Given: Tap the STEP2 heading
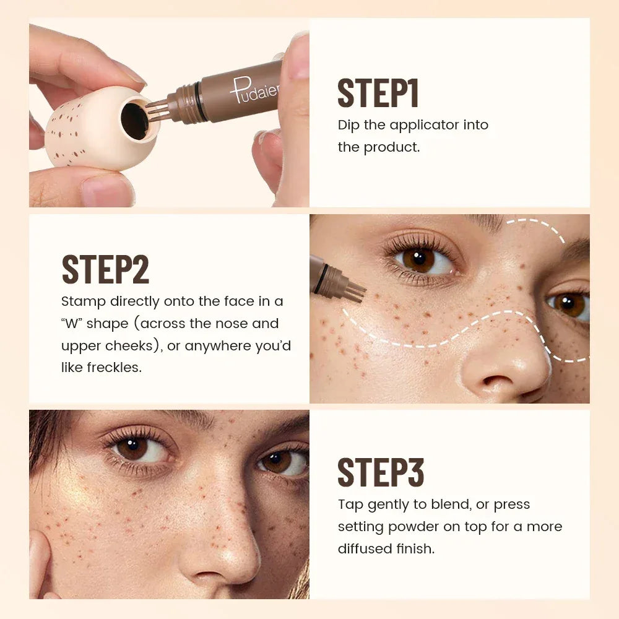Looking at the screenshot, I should tap(105, 269).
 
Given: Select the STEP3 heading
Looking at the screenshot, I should tap(381, 473).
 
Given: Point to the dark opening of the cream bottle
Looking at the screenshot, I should tap(134, 120).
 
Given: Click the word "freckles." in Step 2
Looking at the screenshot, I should tap(102, 367).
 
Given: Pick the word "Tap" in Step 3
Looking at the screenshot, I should tap(350, 504).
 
